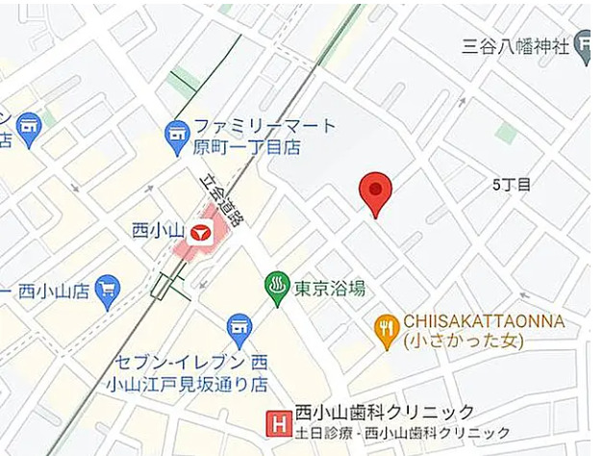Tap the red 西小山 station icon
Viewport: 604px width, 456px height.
(x=200, y=232)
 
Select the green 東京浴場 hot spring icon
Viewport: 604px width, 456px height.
(x=277, y=287)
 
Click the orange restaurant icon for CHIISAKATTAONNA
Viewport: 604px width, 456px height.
(x=387, y=330)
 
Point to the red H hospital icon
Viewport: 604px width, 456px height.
(x=279, y=421)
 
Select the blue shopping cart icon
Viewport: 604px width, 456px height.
(x=107, y=289)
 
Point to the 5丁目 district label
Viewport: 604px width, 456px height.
(x=511, y=184)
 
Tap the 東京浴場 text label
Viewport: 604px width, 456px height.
(x=329, y=288)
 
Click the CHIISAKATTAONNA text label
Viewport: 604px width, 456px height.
(x=484, y=321)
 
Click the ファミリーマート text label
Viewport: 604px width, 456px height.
(x=265, y=126)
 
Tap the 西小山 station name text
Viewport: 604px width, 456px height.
(x=154, y=231)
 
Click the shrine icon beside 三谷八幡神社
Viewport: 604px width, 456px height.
(x=583, y=46)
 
